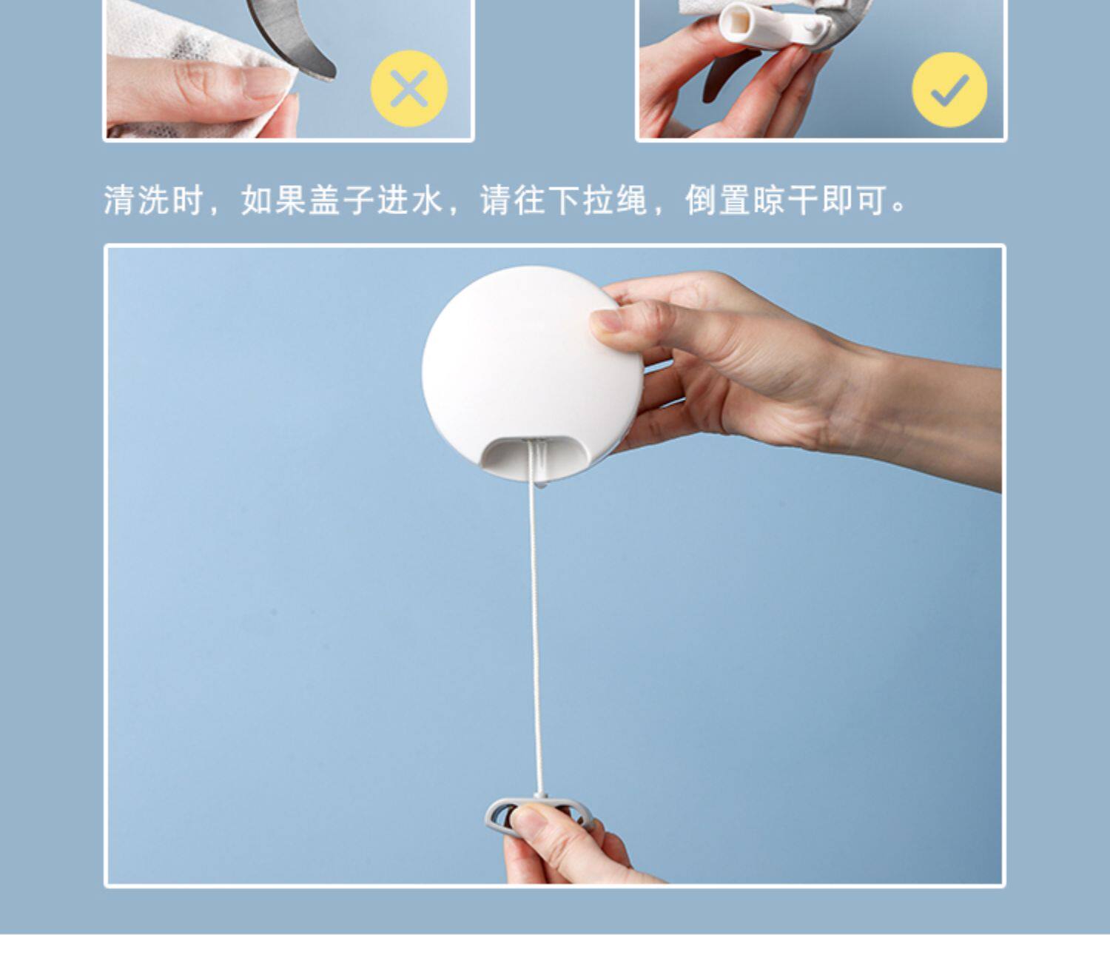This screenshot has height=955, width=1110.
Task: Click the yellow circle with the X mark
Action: pos(408,89)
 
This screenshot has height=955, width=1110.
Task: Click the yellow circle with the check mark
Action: pos(949,90)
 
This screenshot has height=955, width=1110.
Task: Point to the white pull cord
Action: pos(536,617)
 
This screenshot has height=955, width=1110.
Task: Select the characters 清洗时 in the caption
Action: pos(154,201)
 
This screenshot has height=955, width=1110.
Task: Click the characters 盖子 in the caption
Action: pos(342,201)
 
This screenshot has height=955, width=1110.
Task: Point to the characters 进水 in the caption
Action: pos(410,201)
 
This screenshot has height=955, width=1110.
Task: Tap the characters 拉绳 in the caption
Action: pos(615,201)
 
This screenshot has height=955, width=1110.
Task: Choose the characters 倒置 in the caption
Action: pos(718,201)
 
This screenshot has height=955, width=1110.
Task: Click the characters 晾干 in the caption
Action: pos(786,201)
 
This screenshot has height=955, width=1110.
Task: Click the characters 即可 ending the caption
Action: pos(854,201)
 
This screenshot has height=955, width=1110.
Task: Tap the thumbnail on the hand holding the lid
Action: pos(606,321)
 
